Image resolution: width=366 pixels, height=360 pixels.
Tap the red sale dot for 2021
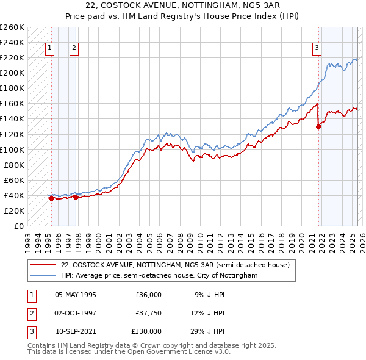318,127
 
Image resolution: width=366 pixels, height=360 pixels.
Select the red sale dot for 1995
51,198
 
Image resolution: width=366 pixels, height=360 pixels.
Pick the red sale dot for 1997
76,197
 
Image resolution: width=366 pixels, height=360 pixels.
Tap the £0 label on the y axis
18,226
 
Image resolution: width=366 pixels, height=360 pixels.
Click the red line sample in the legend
43,265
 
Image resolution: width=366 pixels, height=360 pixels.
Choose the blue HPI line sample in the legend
43,275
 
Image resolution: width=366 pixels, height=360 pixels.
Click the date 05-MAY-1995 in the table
76,295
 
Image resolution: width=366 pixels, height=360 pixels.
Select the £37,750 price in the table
148,313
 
